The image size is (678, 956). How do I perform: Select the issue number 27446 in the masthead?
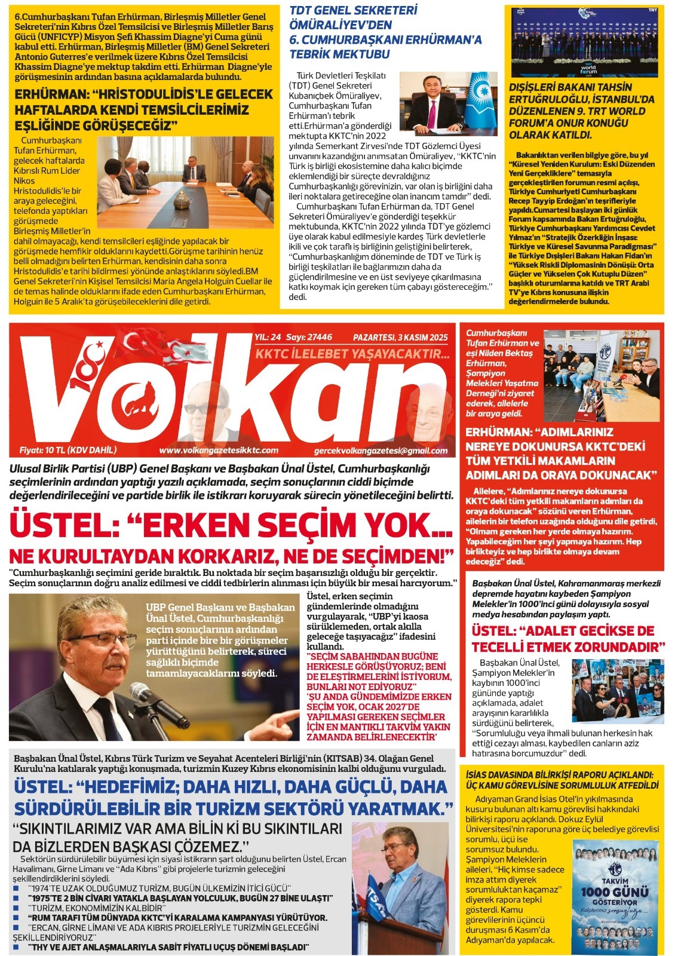(317, 338)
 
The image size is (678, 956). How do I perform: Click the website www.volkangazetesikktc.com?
(219, 451)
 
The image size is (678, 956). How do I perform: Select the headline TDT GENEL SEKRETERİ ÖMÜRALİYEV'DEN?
(353, 18)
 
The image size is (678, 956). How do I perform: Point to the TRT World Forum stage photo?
(585, 42)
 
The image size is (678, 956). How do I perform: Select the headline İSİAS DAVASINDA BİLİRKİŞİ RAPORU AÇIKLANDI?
(559, 774)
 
